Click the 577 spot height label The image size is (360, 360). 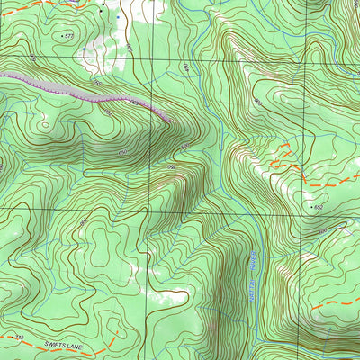pos(69,36)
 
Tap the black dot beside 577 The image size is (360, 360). pos(62,35)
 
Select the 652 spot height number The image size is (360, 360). pos(319,207)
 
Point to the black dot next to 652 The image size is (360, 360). pos(311,206)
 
